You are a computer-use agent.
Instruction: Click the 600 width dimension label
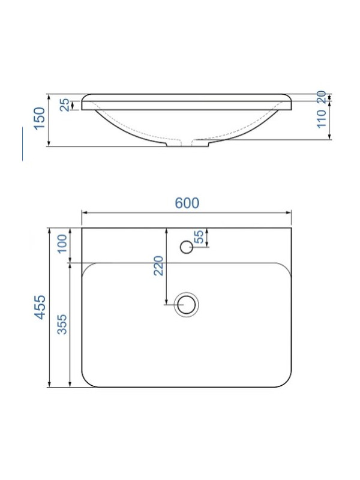187,203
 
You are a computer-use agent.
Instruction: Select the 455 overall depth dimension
40,307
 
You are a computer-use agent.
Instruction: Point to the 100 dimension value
62,245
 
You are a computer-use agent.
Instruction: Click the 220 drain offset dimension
158,265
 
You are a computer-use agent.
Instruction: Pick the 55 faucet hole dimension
199,237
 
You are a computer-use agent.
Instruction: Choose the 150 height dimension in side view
40,119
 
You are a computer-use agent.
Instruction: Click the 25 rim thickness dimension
64,104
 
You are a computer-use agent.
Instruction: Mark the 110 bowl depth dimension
321,119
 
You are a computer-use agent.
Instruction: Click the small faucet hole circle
186,246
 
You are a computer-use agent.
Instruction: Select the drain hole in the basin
186,304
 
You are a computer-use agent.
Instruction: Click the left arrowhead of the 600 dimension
84,212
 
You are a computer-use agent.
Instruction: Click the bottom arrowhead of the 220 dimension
166,301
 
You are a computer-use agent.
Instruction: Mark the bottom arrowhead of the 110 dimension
331,137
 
